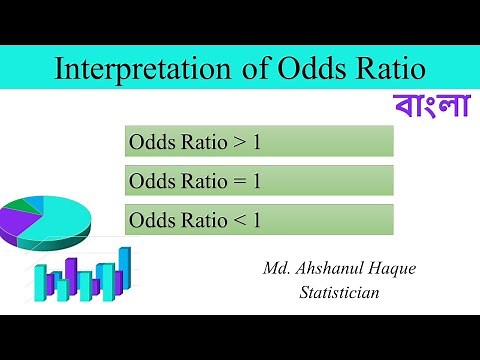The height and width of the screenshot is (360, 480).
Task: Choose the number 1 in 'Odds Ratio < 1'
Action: (256, 219)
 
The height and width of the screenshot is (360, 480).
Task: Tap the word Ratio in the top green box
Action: (202, 142)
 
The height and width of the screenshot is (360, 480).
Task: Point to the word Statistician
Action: (340, 292)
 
